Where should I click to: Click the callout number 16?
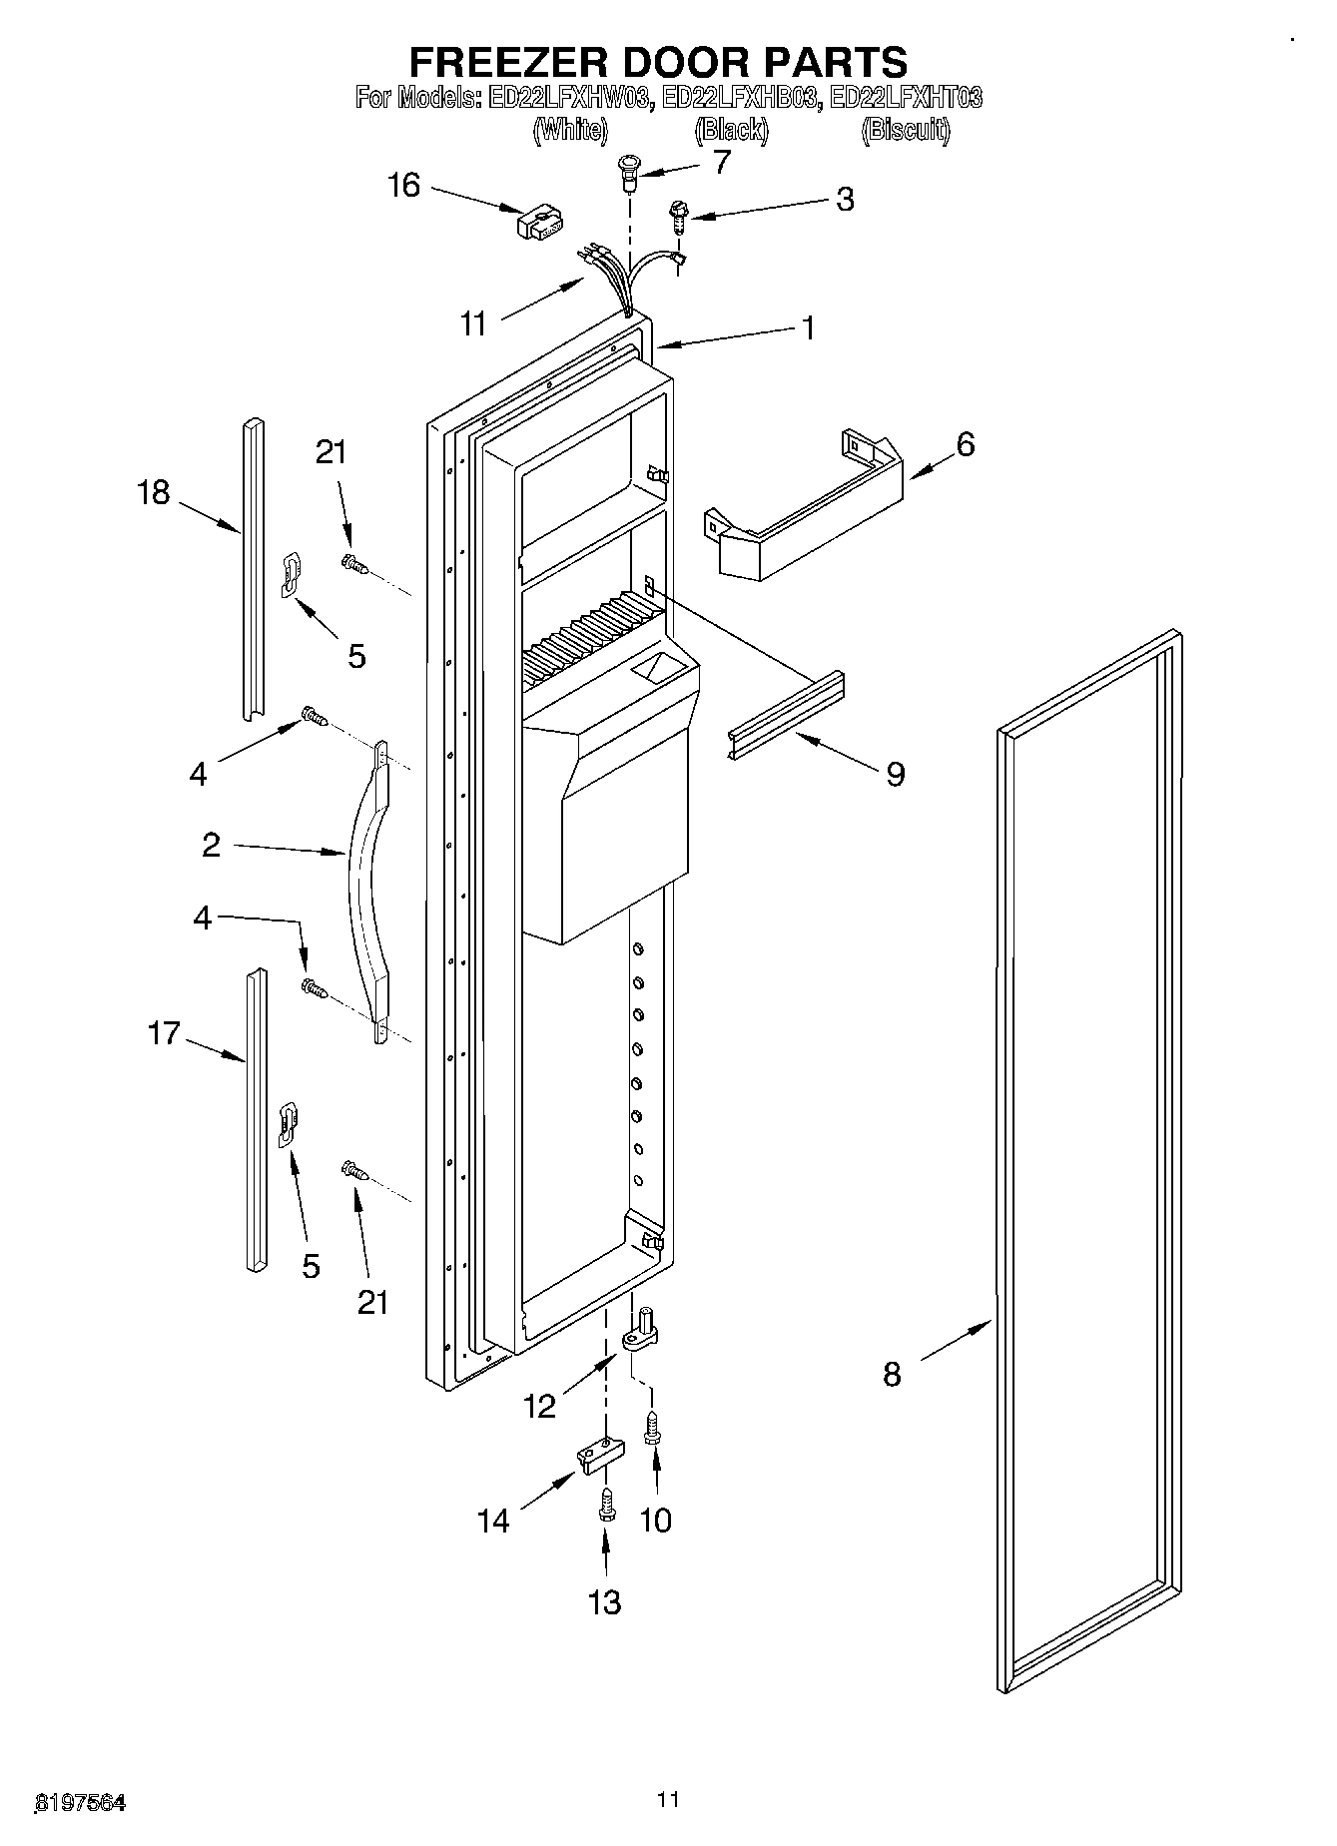tap(403, 186)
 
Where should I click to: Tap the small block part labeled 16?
tap(540, 224)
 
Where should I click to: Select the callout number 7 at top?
tap(722, 162)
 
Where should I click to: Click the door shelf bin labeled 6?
tap(804, 509)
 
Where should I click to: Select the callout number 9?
tap(895, 773)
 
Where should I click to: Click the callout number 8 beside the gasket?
tap(892, 1374)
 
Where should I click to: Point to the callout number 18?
tap(154, 492)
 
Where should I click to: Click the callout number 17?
tap(164, 1032)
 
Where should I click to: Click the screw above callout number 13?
tap(604, 1506)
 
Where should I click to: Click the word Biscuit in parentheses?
tap(906, 130)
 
